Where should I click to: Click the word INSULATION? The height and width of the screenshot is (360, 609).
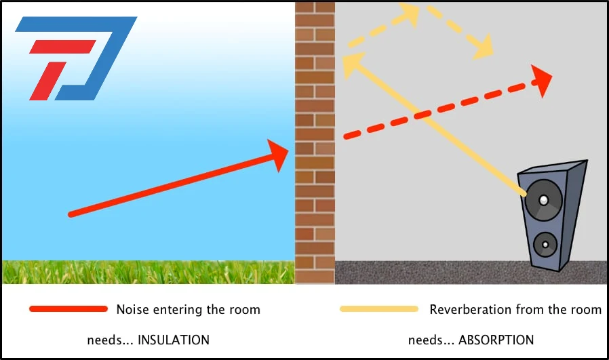(174, 340)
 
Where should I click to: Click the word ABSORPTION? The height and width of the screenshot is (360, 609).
(496, 340)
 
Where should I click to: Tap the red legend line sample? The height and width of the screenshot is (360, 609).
(68, 309)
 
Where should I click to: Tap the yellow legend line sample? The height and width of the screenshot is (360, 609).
(379, 309)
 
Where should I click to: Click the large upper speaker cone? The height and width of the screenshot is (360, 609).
(544, 200)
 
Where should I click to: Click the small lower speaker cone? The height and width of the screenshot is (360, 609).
(545, 245)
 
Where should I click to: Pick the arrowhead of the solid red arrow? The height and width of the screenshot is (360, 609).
(278, 155)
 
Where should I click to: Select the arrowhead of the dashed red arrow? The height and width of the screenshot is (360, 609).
(541, 81)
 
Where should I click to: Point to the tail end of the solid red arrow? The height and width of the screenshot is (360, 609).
(71, 214)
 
